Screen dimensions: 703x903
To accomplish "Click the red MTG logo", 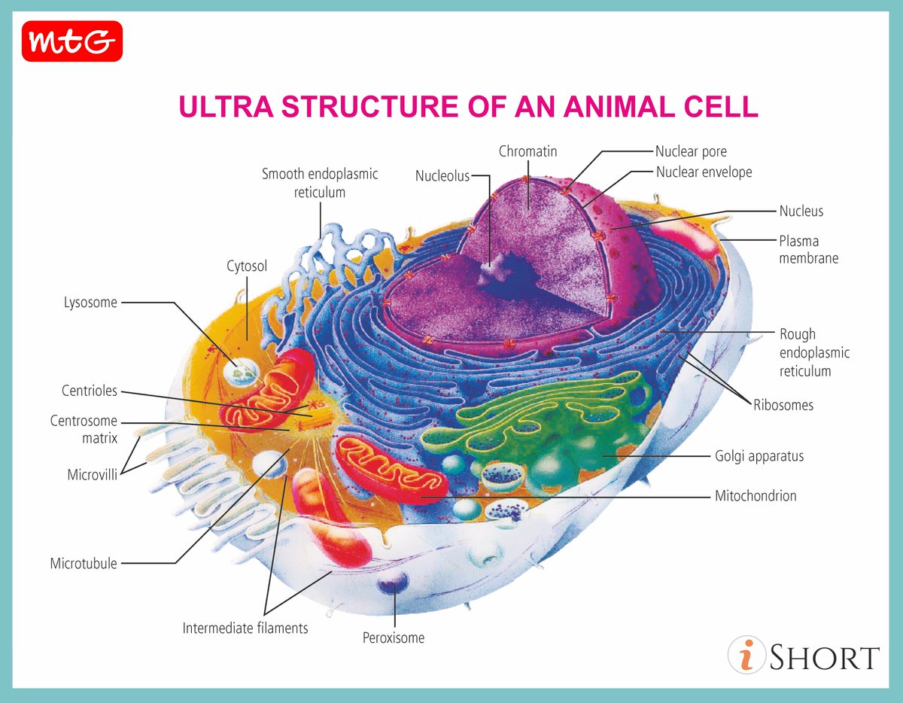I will coord(72,42).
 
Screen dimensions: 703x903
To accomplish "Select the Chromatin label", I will coord(528,151).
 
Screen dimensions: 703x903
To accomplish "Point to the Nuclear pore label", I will coord(691,152).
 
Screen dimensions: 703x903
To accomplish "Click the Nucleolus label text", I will coord(442,176).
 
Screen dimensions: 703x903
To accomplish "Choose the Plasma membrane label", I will coord(808,250).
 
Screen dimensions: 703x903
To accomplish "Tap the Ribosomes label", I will coord(783,405).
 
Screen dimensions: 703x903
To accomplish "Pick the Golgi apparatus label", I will coord(759,456).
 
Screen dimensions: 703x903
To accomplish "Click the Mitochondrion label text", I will coord(756,496).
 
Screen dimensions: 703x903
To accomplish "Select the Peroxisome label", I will coord(394,638).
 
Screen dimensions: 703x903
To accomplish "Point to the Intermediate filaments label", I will coord(245,628).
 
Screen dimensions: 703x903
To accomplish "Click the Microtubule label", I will coord(84,563).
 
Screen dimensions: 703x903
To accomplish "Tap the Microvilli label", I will coord(92,475).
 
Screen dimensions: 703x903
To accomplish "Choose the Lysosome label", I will coord(90,303).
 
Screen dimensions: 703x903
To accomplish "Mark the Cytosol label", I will coord(247,266).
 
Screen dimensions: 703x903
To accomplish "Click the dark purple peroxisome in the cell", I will coord(393,583).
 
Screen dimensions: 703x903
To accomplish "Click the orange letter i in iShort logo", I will coord(746,656).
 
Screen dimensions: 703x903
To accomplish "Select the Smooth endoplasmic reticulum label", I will coord(320,183).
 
